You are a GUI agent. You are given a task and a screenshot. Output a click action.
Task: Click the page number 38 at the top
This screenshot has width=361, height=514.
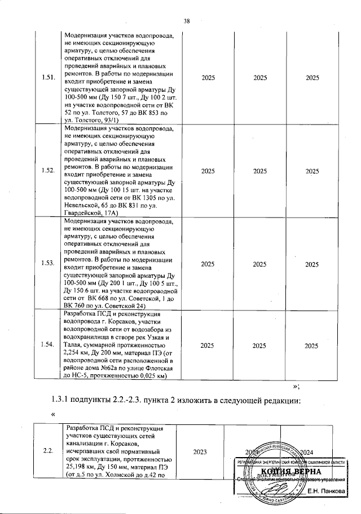[187, 22]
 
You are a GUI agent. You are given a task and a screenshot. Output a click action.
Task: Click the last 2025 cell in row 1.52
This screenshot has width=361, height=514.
[312, 171]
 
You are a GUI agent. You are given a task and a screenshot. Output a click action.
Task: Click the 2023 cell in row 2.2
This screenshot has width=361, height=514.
[200, 451]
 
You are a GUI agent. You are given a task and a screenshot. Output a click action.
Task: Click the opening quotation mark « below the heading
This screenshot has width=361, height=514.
[52, 415]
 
